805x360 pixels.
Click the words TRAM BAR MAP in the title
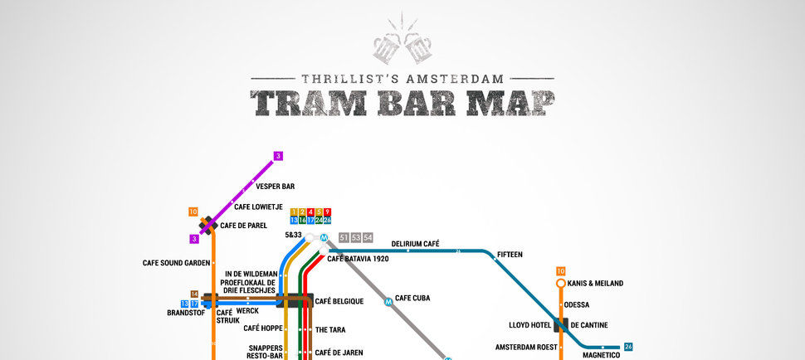click(402, 102)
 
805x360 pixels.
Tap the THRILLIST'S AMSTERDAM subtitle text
click(402, 79)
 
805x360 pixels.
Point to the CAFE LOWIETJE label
click(258, 207)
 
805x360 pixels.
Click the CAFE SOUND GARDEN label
click(176, 263)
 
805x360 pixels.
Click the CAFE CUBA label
click(412, 298)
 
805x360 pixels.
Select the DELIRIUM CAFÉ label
click(415, 244)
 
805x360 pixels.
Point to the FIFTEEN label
click(510, 255)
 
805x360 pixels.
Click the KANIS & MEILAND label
click(595, 283)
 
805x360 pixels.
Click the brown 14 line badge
click(194, 294)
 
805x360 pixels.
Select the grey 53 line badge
click(356, 238)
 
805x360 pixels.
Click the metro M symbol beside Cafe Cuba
click(388, 302)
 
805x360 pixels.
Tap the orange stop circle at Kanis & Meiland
click(560, 283)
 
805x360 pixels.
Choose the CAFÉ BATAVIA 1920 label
click(358, 259)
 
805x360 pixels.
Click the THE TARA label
click(330, 329)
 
